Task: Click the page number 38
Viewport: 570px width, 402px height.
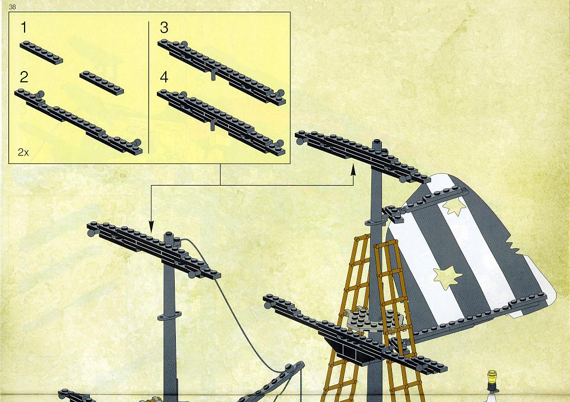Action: [x=12, y=7]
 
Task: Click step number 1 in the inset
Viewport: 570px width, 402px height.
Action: [x=24, y=27]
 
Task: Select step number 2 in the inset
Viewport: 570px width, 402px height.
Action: [x=24, y=77]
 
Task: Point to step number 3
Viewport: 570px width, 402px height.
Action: [x=164, y=27]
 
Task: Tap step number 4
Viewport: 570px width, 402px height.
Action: [x=164, y=77]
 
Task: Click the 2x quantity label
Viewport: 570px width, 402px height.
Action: [x=23, y=152]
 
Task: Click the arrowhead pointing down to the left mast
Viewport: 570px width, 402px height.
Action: [x=151, y=227]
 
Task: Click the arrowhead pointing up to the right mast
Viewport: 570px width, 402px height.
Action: [x=353, y=169]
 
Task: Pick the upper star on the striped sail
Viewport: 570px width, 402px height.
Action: [x=454, y=206]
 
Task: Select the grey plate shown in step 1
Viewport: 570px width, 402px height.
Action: [x=41, y=53]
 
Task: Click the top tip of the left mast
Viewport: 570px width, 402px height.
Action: [x=168, y=233]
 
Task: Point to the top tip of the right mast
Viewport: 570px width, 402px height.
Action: [x=377, y=140]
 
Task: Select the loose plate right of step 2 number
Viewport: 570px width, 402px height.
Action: [x=102, y=83]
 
